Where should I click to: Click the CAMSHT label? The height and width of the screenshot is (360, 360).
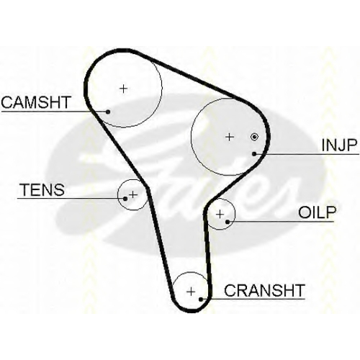coord(36,102)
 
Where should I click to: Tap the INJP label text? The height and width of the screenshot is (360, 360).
coord(339,145)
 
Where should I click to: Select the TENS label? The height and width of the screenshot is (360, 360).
coord(43,189)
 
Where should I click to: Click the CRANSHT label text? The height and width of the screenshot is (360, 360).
coord(264,290)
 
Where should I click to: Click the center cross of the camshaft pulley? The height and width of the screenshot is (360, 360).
coord(124,89)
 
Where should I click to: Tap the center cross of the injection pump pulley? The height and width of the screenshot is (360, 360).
coord(230,137)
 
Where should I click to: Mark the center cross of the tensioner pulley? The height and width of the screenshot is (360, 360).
coord(133,194)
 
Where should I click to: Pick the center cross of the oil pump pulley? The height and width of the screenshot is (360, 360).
coord(220,214)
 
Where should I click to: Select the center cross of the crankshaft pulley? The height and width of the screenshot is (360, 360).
coord(191,292)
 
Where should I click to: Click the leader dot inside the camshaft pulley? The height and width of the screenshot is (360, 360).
coord(108,112)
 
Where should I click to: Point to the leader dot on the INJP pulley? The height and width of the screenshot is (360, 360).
coord(254,153)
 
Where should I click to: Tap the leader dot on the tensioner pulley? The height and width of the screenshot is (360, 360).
coord(125,199)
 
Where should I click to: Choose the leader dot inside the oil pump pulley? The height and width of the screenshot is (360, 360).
coord(228,222)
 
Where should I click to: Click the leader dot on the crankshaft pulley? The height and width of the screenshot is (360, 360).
coord(201,300)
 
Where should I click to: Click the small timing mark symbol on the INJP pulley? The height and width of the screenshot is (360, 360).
coord(254,137)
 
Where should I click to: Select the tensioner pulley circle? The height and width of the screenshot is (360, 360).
coord(118,194)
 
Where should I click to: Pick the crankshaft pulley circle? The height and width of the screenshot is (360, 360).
coord(191,272)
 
